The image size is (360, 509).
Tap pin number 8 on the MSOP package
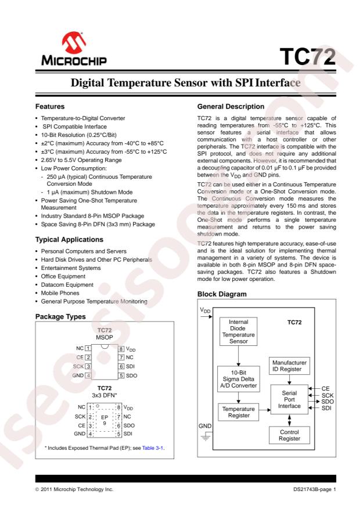[121, 348]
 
